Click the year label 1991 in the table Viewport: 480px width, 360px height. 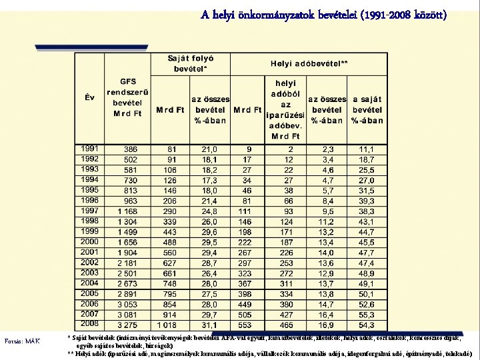pyautogui.click(x=90, y=149)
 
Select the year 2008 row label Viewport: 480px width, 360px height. pyautogui.click(x=90, y=324)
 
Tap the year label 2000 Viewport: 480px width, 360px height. pyautogui.click(x=90, y=241)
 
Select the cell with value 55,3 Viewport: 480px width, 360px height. pyautogui.click(x=365, y=314)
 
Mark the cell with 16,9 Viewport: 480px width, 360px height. pyautogui.click(x=326, y=325)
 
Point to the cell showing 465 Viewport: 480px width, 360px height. pyautogui.click(x=286, y=325)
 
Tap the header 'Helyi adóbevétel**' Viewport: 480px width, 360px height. pyautogui.click(x=309, y=64)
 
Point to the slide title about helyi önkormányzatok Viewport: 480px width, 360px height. pyautogui.click(x=324, y=14)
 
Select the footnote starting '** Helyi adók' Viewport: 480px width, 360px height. pyautogui.click(x=270, y=353)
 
